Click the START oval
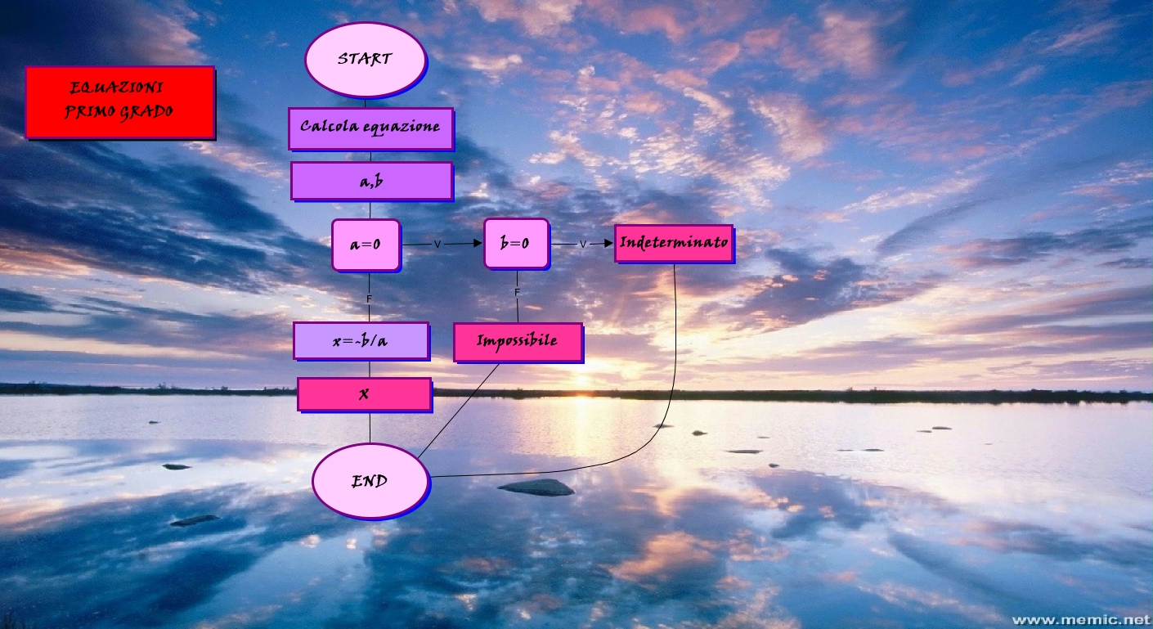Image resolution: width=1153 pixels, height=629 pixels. coord(366,59)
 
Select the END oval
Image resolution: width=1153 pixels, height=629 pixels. coord(370,482)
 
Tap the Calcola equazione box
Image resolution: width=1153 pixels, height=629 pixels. coord(370,128)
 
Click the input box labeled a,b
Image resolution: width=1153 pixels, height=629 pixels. coord(371,181)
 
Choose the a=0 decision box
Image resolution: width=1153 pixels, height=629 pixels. coord(366,244)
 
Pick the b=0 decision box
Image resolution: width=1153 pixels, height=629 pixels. coord(515,243)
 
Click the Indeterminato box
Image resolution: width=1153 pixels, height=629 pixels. coord(673,243)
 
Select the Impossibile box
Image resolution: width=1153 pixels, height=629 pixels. coord(517,341)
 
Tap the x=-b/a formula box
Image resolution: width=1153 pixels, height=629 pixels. coord(361,340)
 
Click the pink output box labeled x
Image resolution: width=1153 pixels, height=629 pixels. coord(364,393)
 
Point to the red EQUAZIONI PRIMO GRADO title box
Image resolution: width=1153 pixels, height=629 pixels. coord(119,101)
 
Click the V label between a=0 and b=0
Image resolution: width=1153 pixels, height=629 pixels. coord(437,244)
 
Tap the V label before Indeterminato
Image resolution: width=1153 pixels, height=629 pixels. coord(583,244)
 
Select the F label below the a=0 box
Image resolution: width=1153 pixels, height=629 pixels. coord(369,300)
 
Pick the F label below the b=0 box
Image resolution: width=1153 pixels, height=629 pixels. coord(517,293)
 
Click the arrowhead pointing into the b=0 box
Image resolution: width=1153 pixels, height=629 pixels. coord(477,243)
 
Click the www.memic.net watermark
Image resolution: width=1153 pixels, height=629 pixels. coord(1080,619)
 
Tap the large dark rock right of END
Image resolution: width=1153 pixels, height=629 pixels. coord(536,487)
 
